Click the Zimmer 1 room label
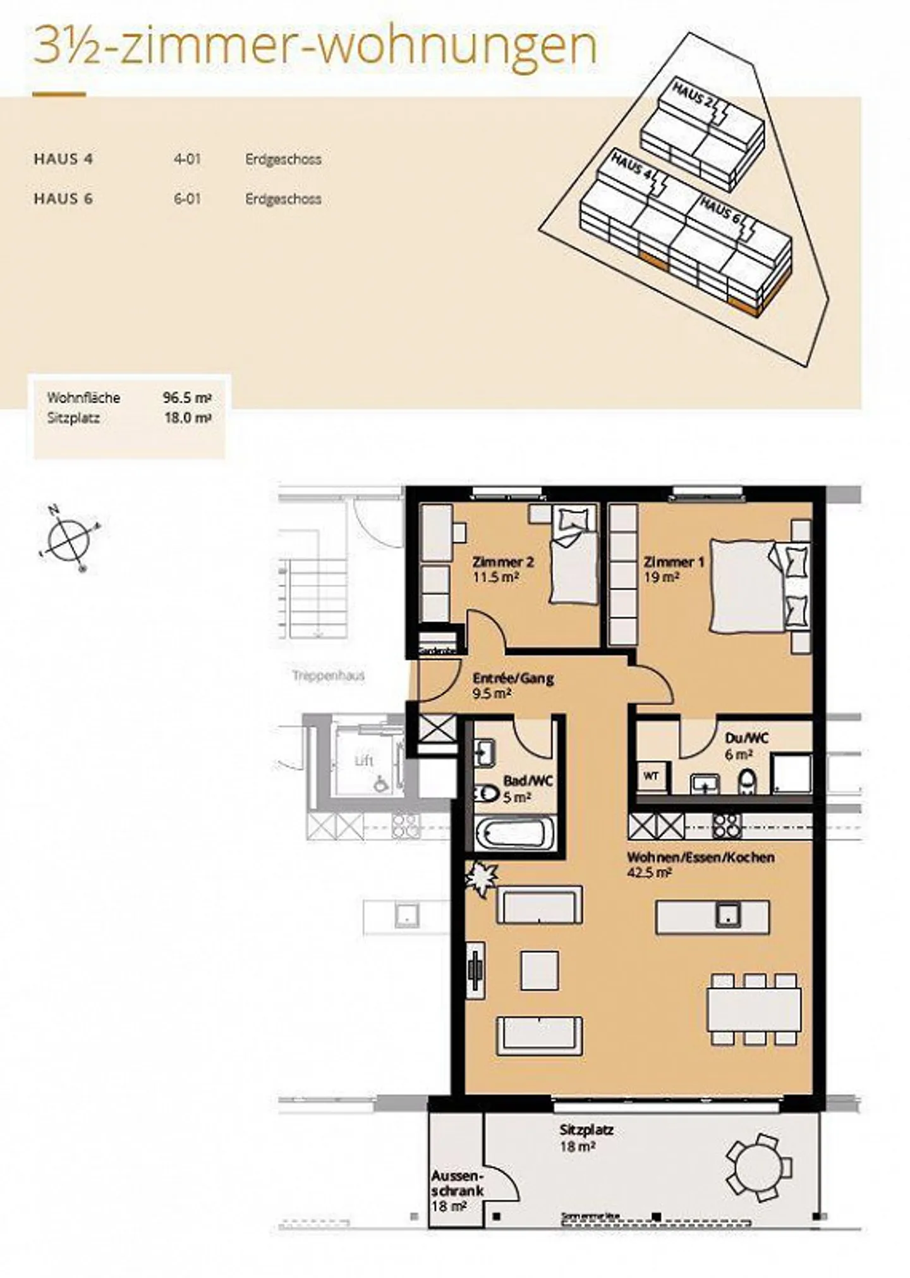pyautogui.click(x=674, y=562)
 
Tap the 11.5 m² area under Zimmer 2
pyautogui.click(x=495, y=577)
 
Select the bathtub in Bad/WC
pyautogui.click(x=514, y=834)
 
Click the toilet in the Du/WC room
pyautogui.click(x=747, y=782)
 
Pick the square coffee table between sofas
pyautogui.click(x=539, y=970)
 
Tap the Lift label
pyautogui.click(x=364, y=761)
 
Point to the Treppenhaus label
pyautogui.click(x=329, y=676)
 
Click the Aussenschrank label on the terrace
pyautogui.click(x=458, y=1183)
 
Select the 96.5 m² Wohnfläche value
pyautogui.click(x=187, y=398)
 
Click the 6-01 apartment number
pyautogui.click(x=187, y=199)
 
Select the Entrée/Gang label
pyautogui.click(x=513, y=679)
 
